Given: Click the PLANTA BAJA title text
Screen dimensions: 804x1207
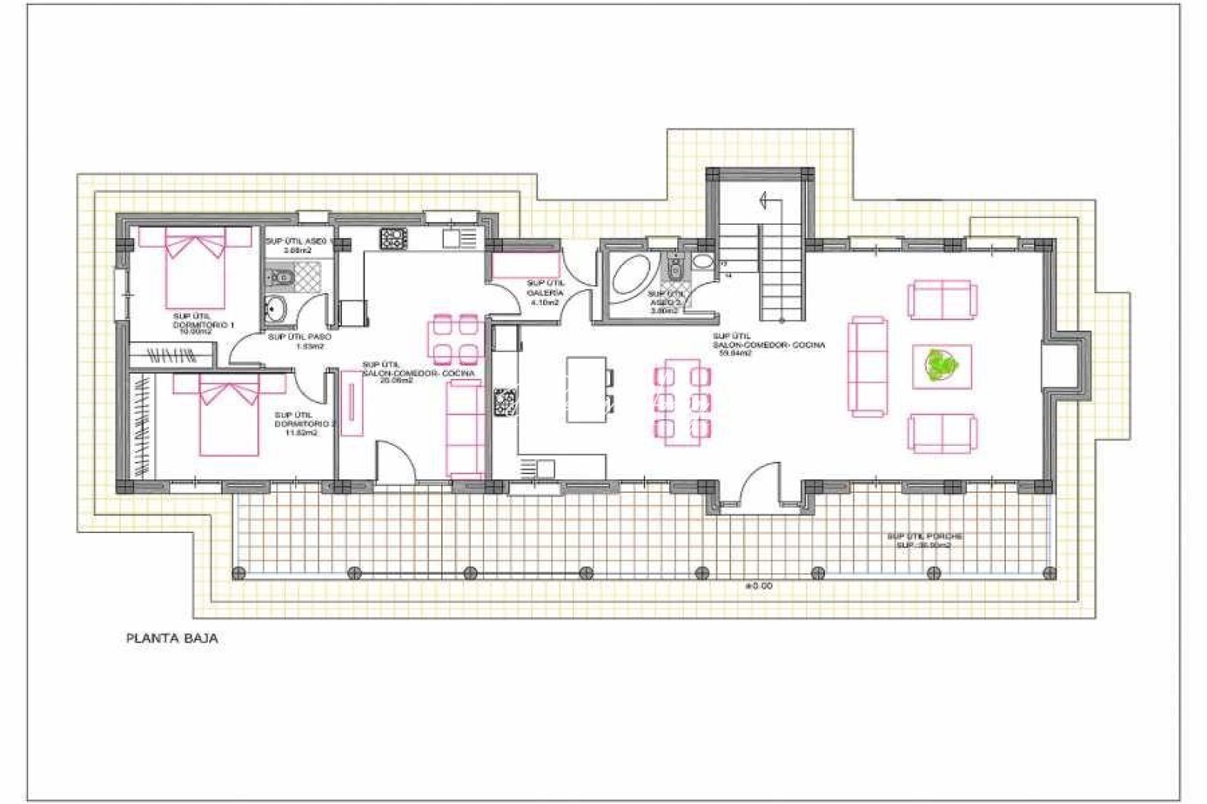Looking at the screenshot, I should pyautogui.click(x=172, y=638).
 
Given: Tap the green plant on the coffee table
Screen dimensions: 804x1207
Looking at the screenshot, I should pyautogui.click(x=942, y=366).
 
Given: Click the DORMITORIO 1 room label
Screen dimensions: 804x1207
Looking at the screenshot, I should pyautogui.click(x=203, y=324).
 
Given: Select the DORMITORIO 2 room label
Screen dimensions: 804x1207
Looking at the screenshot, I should pyautogui.click(x=304, y=424).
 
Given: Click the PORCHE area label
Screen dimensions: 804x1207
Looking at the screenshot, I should pyautogui.click(x=924, y=540).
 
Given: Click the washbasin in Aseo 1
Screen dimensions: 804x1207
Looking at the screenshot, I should pyautogui.click(x=276, y=307).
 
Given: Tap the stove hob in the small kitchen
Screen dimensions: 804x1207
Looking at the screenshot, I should pyautogui.click(x=393, y=239).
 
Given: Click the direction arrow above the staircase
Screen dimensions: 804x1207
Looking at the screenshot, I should pyautogui.click(x=764, y=200).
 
